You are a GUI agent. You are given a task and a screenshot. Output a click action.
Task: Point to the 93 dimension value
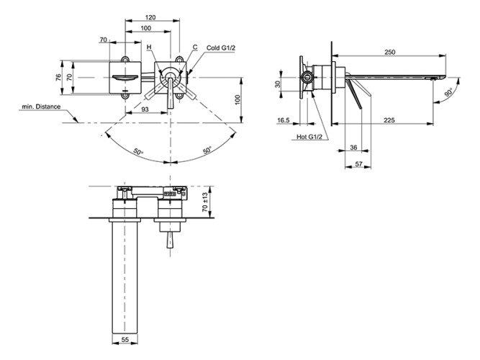pyautogui.click(x=146, y=109)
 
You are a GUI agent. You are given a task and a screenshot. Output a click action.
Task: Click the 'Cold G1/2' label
pyautogui.click(x=222, y=48)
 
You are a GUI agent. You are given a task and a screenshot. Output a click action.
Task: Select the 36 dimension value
pyautogui.click(x=353, y=148)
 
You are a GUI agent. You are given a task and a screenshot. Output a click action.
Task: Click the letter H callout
pyautogui.click(x=149, y=48)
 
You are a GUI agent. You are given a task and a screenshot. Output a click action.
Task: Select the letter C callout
pyautogui.click(x=195, y=47)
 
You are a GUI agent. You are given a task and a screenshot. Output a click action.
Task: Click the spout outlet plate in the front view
pyautogui.click(x=126, y=76)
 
